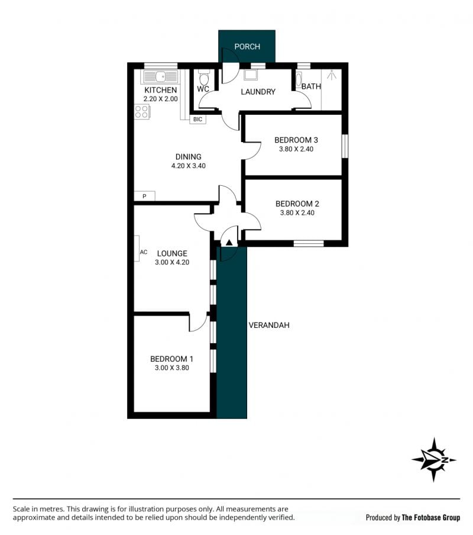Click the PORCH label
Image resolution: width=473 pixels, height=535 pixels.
tap(247, 46)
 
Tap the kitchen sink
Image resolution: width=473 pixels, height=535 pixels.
tap(160, 77)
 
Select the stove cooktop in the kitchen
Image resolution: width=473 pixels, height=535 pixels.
tap(142, 112)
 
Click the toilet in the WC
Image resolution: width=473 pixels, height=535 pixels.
tap(203, 78)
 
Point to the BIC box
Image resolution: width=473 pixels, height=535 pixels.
tap(197, 119)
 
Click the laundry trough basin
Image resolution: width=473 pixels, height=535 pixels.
tap(251, 75)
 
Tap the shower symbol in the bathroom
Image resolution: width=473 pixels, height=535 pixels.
tap(332, 75)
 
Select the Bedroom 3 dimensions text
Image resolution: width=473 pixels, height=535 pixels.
tap(296, 149)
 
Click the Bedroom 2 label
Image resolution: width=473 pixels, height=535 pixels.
tap(297, 204)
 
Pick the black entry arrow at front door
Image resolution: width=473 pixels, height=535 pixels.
tap(229, 243)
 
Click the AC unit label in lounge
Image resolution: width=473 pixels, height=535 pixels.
tap(144, 252)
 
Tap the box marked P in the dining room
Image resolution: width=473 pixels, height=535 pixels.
tap(144, 196)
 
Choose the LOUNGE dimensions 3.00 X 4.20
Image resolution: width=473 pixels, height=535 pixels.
tap(172, 262)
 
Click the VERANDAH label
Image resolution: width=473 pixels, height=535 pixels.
tap(269, 325)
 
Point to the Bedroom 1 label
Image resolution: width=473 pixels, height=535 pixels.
tap(171, 359)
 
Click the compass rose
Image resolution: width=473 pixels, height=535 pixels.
tap(434, 460)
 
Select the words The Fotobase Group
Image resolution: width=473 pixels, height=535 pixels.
tap(431, 518)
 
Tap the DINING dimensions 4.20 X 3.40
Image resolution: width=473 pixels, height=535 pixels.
tap(189, 166)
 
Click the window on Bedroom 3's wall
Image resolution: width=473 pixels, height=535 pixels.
tap(345, 146)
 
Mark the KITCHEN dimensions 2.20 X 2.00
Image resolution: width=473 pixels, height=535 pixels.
tap(160, 99)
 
